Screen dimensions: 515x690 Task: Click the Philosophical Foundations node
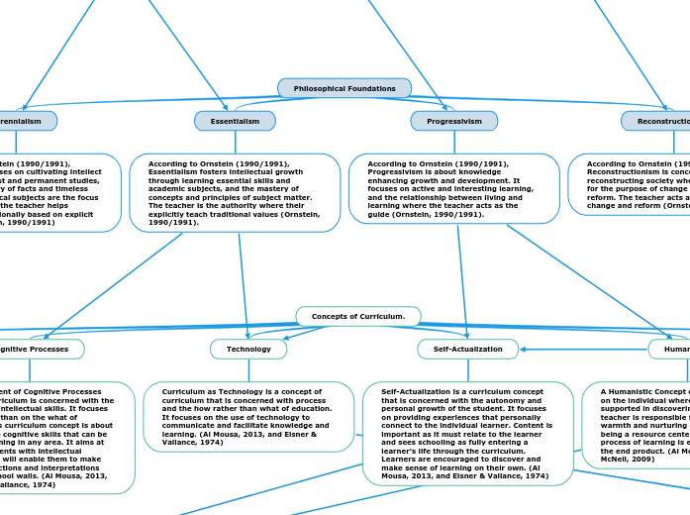click(x=345, y=88)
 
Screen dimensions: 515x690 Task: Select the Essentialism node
click(x=235, y=121)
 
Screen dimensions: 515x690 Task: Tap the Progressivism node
click(x=454, y=121)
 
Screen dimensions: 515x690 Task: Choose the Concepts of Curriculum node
click(x=358, y=316)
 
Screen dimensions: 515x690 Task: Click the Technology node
click(x=248, y=349)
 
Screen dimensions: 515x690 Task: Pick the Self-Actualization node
click(x=468, y=349)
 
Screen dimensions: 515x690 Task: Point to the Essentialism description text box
click(x=235, y=192)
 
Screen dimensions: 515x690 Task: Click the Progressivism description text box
click(x=454, y=188)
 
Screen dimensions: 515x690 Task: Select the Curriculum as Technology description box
click(x=248, y=416)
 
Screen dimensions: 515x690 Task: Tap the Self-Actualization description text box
click(x=468, y=434)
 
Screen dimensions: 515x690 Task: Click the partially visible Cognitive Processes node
click(x=40, y=349)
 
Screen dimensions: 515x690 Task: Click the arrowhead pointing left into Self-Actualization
click(x=523, y=349)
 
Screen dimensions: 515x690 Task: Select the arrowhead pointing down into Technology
click(x=248, y=336)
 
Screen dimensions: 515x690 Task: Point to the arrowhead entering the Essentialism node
click(x=227, y=108)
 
